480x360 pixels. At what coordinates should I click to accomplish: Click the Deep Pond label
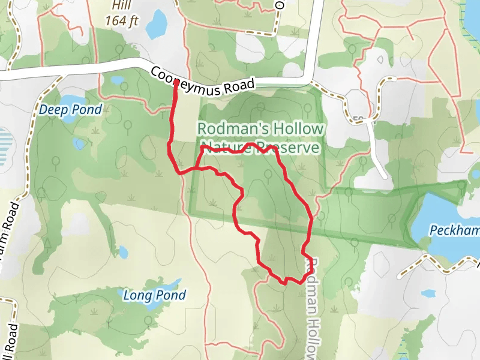(x=71, y=110)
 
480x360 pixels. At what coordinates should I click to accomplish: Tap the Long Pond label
(x=154, y=295)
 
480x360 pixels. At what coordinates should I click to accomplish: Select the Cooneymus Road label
(x=203, y=82)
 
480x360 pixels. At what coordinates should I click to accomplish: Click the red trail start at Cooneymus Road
(x=175, y=83)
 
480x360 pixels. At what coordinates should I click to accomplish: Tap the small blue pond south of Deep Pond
(x=80, y=144)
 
